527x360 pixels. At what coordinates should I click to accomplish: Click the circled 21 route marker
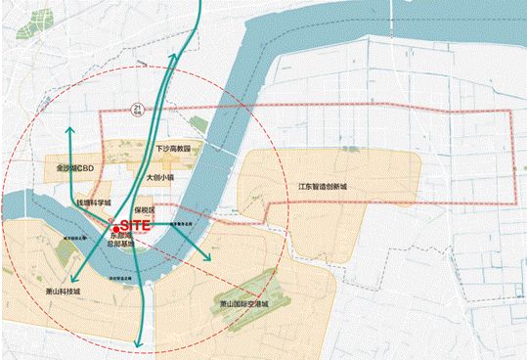point(140,109)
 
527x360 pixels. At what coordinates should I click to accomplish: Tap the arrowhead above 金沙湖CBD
point(69,130)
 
